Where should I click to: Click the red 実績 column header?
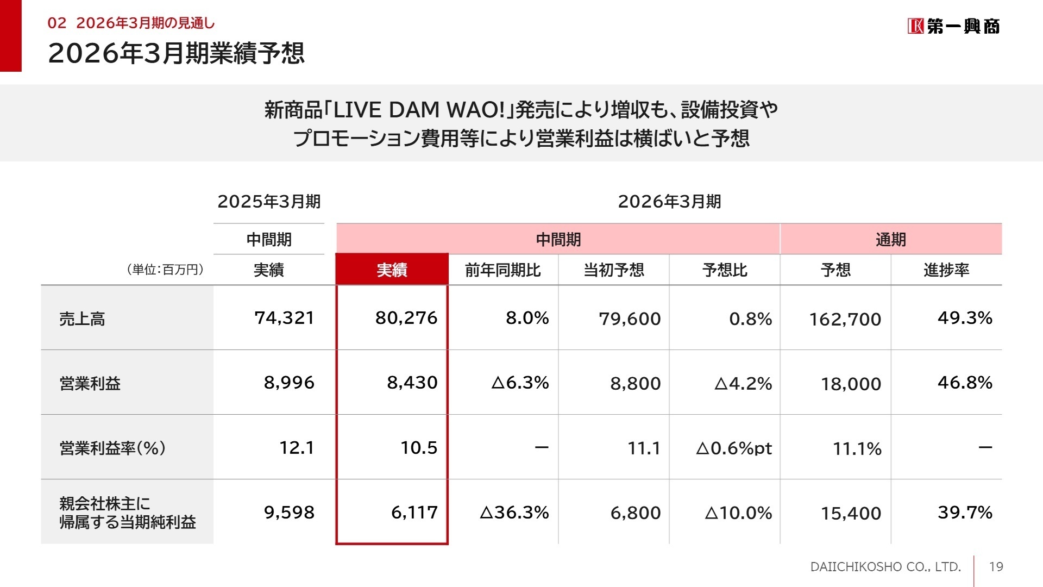[392, 270]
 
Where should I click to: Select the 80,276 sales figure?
[406, 318]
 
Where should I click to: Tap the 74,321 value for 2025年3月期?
[284, 318]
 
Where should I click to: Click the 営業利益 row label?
[90, 383]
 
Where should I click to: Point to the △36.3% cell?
[514, 513]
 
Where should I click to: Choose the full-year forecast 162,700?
[845, 319]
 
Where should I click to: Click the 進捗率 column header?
[946, 270]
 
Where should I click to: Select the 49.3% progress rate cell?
[964, 318]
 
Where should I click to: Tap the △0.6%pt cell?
[733, 448]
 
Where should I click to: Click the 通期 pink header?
[890, 239]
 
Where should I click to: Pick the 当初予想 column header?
[613, 270]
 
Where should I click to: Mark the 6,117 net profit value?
[414, 513]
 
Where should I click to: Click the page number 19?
[996, 567]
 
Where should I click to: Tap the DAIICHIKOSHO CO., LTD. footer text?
[885, 567]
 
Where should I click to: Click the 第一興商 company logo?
[953, 26]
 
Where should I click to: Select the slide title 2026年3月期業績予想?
[176, 53]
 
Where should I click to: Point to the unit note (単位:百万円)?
[165, 270]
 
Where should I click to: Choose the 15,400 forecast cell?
[850, 513]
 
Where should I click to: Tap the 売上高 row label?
[82, 319]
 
